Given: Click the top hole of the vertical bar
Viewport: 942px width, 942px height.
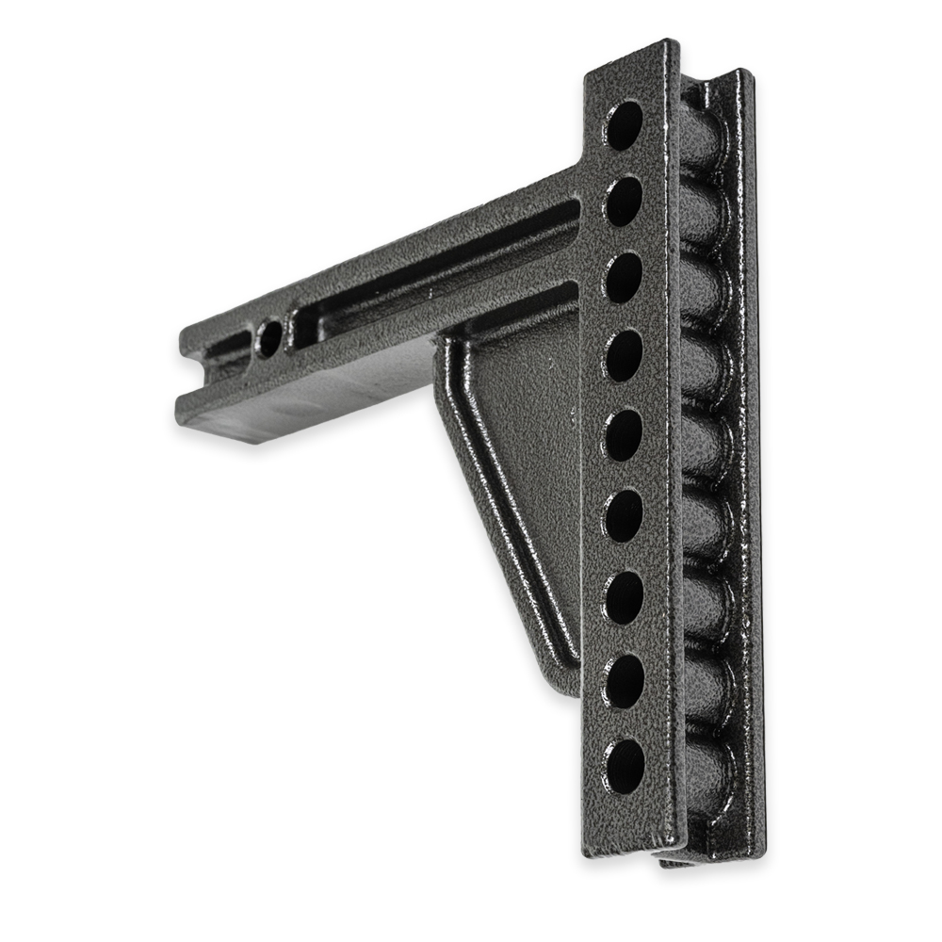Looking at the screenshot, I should (625, 124).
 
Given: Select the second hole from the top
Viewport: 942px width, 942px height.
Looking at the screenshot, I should (624, 201).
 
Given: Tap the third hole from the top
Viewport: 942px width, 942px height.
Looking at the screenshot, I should (624, 279).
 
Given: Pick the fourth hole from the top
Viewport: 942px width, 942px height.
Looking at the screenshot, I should (624, 357).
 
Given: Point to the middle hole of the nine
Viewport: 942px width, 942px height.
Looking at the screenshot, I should (624, 436).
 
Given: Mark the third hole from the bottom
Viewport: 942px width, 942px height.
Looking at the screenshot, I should (624, 597).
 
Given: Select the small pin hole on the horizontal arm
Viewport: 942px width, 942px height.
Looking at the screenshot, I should (269, 337).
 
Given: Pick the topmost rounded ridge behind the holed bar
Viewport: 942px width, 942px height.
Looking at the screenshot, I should (702, 146).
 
